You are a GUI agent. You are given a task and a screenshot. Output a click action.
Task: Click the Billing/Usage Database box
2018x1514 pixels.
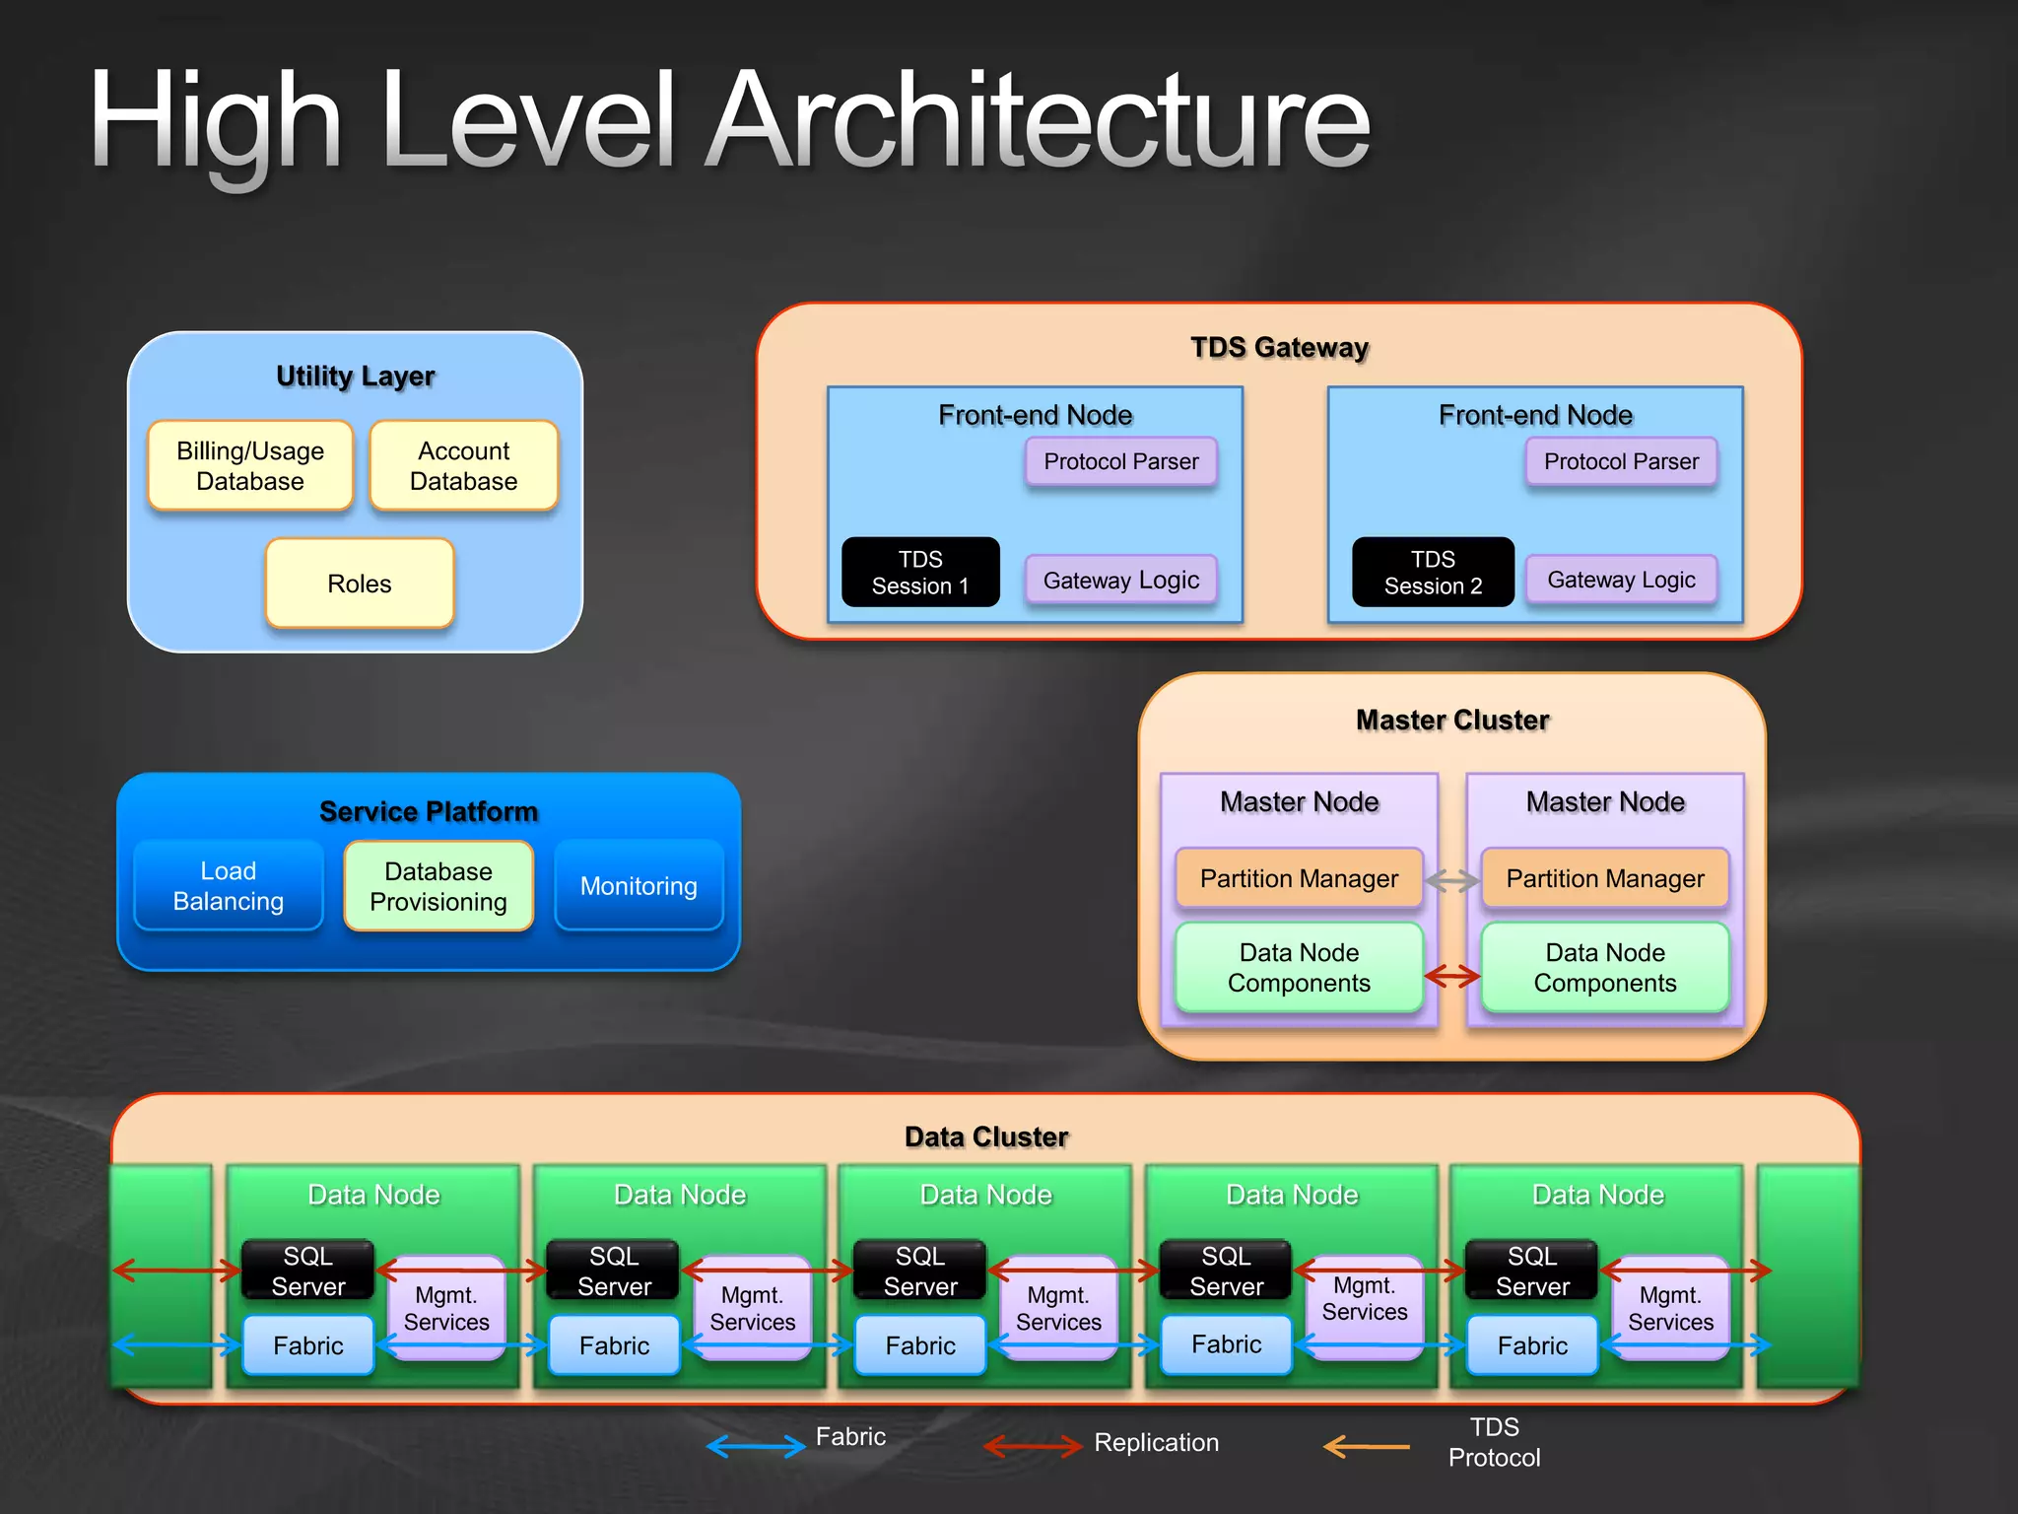click(x=249, y=466)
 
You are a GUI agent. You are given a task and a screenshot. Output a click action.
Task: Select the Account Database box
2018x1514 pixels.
click(x=463, y=466)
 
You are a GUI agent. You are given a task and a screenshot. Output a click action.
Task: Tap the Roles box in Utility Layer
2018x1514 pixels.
click(x=360, y=584)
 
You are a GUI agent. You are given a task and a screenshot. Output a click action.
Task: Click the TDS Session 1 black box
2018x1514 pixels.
click(x=920, y=573)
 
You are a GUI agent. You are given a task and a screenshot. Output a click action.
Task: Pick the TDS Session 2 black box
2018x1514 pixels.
click(x=1433, y=573)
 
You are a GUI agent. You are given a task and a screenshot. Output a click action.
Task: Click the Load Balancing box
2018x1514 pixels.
click(x=229, y=886)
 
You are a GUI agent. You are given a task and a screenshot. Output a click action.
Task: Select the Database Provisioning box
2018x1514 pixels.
click(x=438, y=886)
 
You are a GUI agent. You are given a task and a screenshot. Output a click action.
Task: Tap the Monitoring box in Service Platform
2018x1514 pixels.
click(x=639, y=886)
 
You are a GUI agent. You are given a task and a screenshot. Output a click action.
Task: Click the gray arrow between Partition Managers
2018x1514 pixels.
click(x=1452, y=880)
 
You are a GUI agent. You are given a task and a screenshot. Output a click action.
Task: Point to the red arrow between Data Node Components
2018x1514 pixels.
click(x=1452, y=976)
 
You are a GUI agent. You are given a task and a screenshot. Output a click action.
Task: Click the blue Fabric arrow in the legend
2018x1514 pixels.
click(x=756, y=1446)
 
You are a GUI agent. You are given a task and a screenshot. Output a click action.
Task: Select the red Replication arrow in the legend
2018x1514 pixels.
click(x=1033, y=1446)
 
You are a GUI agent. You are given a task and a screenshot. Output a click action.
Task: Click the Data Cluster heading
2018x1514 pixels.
click(x=986, y=1136)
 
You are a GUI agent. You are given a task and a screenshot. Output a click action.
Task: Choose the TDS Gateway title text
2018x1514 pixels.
click(x=1279, y=347)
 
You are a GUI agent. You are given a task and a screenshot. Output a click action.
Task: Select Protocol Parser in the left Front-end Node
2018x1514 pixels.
click(x=1121, y=461)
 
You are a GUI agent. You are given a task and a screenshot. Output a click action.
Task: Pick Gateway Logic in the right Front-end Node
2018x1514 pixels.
click(x=1621, y=580)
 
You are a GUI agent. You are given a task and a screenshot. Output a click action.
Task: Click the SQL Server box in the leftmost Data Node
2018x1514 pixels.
click(x=308, y=1271)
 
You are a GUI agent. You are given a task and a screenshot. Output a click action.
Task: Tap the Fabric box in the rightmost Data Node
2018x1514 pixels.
click(x=1532, y=1345)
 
